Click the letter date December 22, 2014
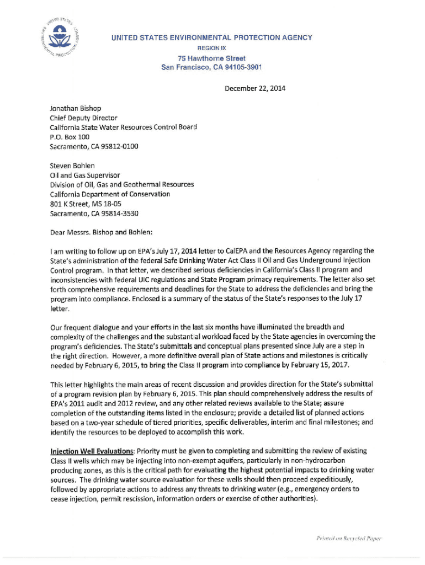pos(254,88)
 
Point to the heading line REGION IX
pos(211,48)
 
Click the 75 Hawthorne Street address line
pos(211,58)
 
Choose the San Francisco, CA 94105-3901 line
pos(211,67)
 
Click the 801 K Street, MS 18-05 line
pos(86,203)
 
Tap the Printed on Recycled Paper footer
pos(349,538)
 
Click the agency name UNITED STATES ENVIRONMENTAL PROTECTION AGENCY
pos(211,38)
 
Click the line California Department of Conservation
pos(110,194)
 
